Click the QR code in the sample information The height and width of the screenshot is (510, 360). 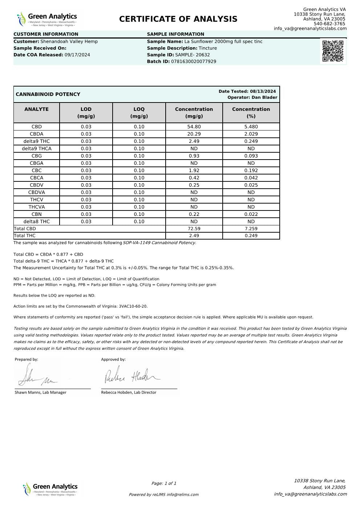(x=332, y=51)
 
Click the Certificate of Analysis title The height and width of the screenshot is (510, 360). (x=178, y=19)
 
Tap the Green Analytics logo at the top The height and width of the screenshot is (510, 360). (x=47, y=19)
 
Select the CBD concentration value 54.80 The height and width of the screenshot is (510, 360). (x=194, y=127)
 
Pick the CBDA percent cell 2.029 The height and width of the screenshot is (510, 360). (x=251, y=134)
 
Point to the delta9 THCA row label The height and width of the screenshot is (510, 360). (x=37, y=149)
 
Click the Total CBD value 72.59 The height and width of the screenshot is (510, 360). (x=194, y=229)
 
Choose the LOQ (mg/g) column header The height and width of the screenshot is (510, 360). (x=139, y=113)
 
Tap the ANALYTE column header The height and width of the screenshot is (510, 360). (x=37, y=109)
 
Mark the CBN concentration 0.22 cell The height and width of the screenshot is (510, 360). (x=194, y=214)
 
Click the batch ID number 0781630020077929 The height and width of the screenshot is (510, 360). (x=194, y=62)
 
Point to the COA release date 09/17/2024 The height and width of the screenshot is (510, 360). (x=77, y=55)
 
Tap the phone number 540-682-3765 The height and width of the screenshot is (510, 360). (x=329, y=24)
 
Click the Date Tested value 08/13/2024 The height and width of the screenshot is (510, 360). (x=263, y=92)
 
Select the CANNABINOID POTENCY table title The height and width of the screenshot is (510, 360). (x=48, y=95)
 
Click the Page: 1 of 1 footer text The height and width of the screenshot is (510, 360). (x=164, y=483)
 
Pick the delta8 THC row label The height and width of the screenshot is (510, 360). (x=37, y=222)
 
